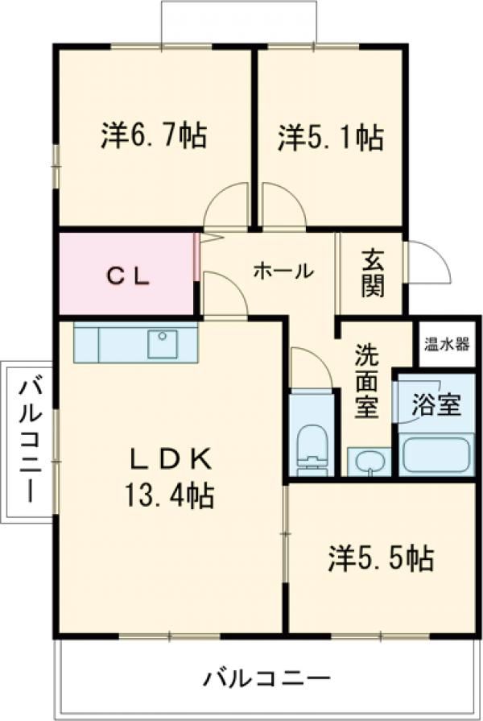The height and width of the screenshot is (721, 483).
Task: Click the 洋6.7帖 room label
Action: click(153, 136)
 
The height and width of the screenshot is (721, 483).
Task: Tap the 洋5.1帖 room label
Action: click(330, 137)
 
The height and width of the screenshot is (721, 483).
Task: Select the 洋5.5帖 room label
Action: click(381, 557)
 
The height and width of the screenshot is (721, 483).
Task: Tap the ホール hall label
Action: click(283, 271)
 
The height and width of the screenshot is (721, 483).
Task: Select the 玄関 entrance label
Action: click(372, 273)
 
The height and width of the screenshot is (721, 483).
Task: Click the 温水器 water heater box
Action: click(447, 345)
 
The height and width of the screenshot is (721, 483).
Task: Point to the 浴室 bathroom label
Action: click(436, 404)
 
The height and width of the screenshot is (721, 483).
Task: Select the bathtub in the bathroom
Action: click(435, 454)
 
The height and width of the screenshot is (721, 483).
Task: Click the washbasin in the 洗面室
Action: click(369, 462)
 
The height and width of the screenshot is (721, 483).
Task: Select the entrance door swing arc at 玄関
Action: click(427, 262)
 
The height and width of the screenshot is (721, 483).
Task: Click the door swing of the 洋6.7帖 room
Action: click(225, 206)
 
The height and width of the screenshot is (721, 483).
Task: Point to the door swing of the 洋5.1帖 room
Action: click(282, 206)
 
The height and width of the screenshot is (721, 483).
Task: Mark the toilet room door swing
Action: click(310, 369)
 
